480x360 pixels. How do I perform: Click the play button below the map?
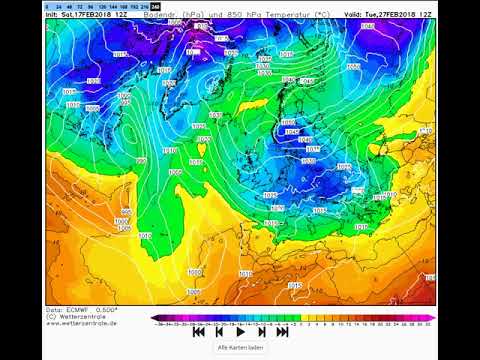pos(240,331)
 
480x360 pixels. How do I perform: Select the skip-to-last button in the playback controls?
pos(282,331)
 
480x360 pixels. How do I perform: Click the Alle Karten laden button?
pos(240,348)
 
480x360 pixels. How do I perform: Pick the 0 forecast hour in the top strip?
pos(46,7)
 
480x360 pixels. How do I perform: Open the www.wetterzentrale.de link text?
pos(82,323)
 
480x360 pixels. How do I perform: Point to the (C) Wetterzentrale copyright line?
pos(79,317)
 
